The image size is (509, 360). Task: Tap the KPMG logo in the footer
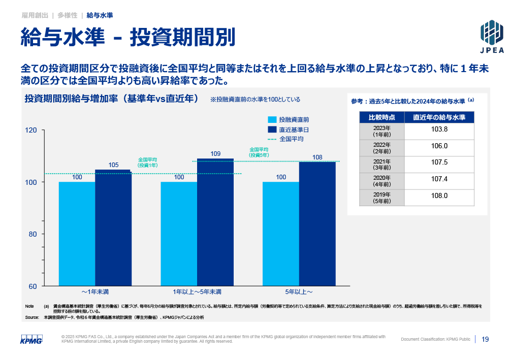31,340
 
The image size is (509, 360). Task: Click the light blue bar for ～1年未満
77,234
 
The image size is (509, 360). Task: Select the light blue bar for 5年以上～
280,234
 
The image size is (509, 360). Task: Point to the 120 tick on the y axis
31,130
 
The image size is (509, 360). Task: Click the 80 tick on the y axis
33,234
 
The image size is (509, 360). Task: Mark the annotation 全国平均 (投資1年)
148,162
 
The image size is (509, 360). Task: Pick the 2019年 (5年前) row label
381,198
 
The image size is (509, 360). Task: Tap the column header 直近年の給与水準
439,117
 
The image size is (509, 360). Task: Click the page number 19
485,339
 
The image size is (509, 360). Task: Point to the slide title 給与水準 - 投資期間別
128,37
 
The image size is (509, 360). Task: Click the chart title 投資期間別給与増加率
111,99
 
